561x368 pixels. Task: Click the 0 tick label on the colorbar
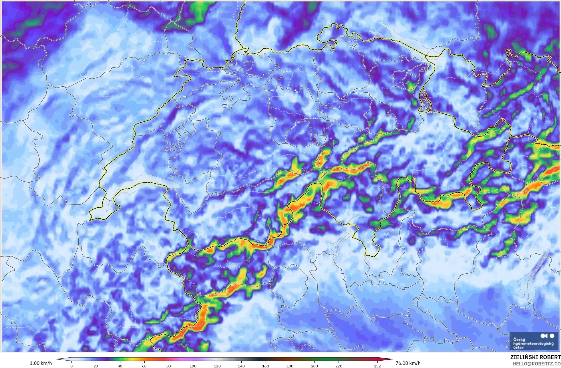(71, 366)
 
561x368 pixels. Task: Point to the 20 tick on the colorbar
(96, 366)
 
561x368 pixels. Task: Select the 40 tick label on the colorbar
(120, 366)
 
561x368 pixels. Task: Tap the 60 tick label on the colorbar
(144, 366)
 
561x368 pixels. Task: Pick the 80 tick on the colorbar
(169, 366)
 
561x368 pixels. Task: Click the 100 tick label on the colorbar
(193, 366)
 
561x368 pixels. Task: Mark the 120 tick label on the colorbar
(217, 366)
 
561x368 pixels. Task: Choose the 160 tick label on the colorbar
(266, 366)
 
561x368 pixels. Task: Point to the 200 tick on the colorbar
(314, 366)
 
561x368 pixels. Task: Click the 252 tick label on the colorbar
(377, 366)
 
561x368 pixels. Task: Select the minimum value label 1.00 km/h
(41, 363)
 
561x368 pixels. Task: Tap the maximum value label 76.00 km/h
(408, 363)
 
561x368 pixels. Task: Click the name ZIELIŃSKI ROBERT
(535, 357)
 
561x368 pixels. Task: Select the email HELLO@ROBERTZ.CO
(537, 364)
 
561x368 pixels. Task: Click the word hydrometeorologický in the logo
(533, 343)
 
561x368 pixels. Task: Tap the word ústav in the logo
(519, 347)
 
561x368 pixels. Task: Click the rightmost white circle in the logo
(552, 336)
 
